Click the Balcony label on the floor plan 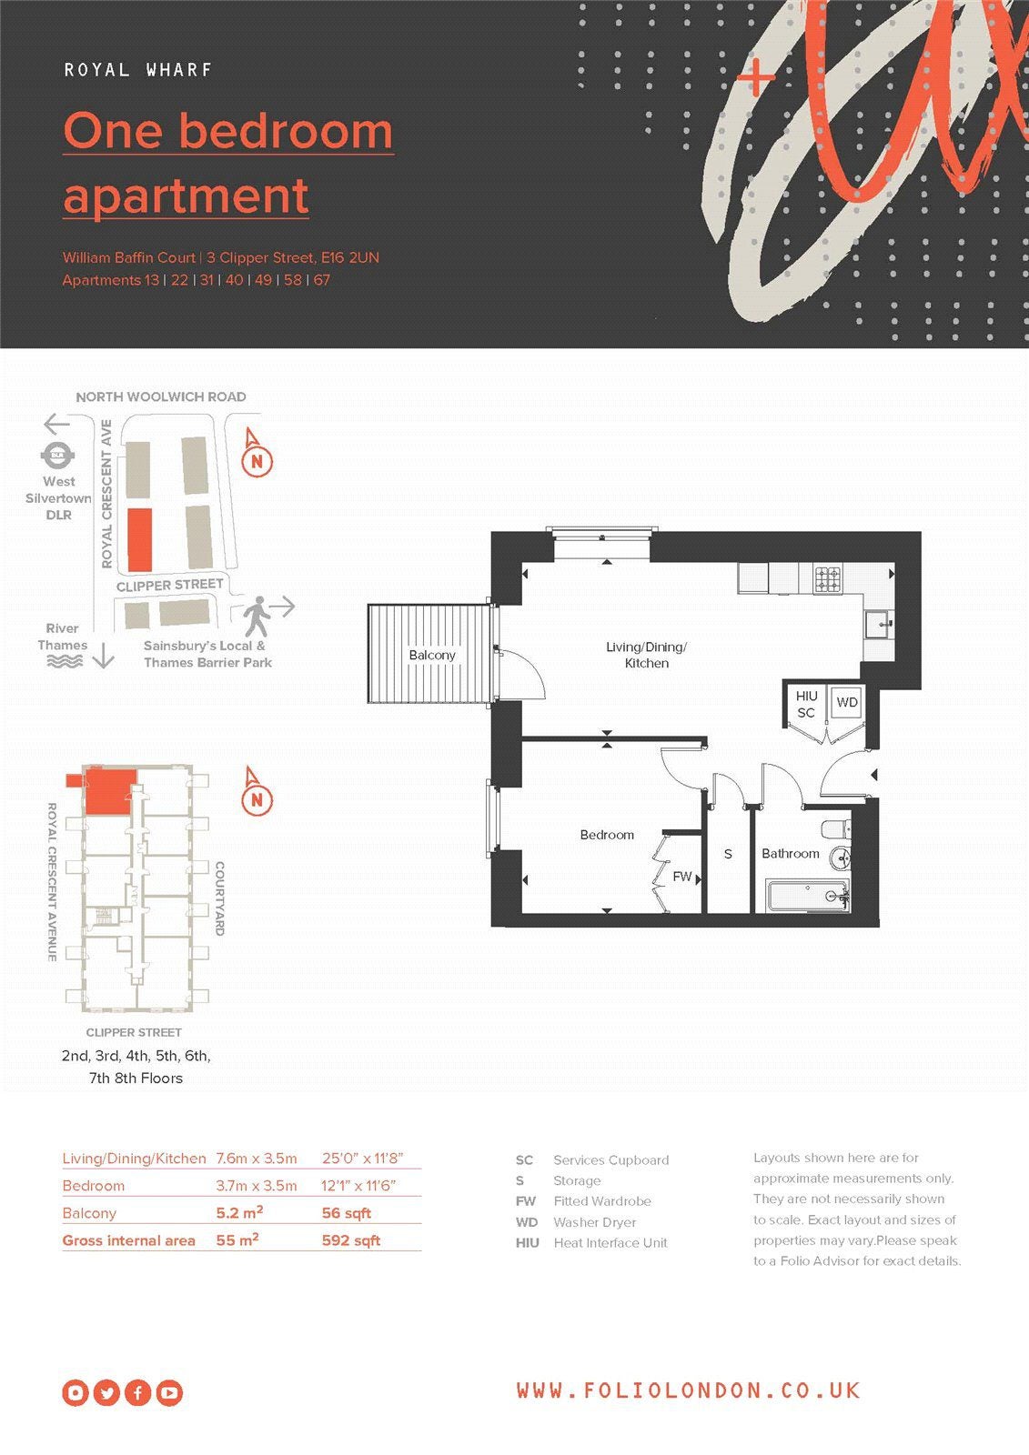point(431,655)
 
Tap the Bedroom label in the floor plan point(607,835)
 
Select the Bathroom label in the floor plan point(790,854)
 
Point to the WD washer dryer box point(846,701)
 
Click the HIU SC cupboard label point(806,704)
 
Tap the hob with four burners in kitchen point(828,578)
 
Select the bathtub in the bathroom point(808,896)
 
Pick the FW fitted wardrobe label point(681,877)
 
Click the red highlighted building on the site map point(140,540)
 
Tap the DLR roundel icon point(58,456)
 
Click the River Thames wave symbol point(65,661)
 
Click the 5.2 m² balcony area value point(239,1212)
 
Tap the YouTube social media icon point(169,1392)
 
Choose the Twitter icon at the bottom point(106,1392)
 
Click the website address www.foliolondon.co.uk point(689,1390)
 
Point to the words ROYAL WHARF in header point(137,70)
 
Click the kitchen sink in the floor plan point(880,625)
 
